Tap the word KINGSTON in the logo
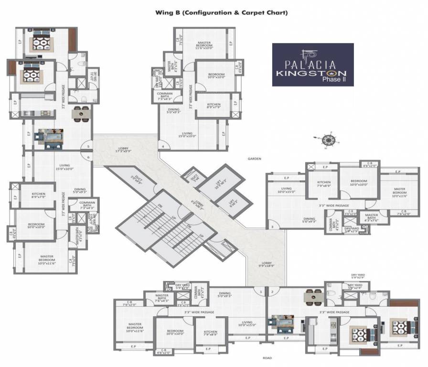tap(313, 74)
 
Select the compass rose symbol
tap(327, 140)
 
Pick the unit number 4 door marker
tap(163, 146)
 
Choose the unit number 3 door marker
tap(271, 227)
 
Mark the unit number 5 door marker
tap(88, 147)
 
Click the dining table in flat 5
tap(80, 113)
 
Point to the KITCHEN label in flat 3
tap(324, 183)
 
